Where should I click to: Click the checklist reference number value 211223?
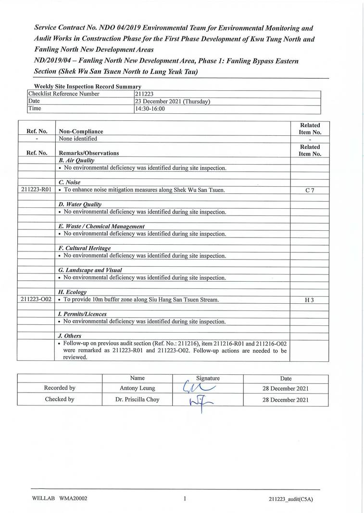point(145,94)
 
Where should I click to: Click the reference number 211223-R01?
point(37,190)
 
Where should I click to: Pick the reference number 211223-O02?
point(37,300)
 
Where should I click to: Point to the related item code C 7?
point(310,191)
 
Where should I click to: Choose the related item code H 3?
point(310,300)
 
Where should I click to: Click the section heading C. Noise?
point(69,182)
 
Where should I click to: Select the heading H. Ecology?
point(72,292)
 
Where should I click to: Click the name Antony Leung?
point(137,388)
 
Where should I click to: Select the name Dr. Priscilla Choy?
point(137,399)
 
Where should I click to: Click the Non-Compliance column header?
point(80,131)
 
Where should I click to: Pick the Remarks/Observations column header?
point(88,153)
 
